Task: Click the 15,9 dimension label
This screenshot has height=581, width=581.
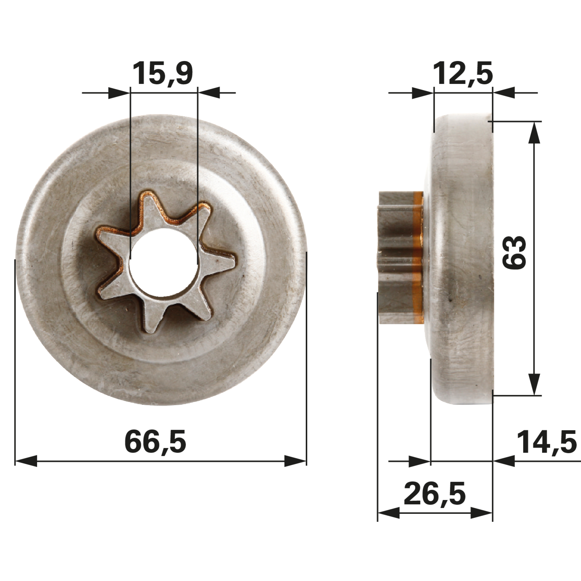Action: tap(162, 73)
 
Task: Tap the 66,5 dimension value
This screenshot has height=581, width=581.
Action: tap(155, 442)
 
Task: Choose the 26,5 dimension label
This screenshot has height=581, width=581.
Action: tap(435, 494)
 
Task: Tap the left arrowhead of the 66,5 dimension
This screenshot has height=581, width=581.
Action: tap(26, 462)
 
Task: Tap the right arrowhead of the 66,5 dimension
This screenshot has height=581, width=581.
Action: tap(295, 462)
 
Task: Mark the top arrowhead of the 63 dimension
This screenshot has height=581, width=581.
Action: tap(534, 133)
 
